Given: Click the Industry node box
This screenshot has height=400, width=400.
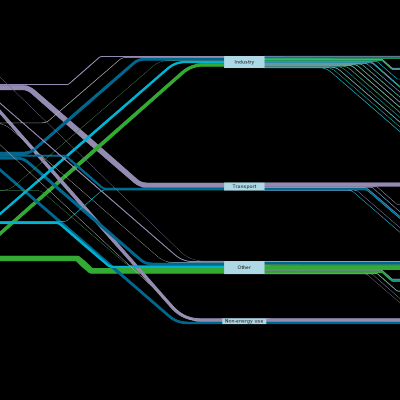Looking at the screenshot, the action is point(244,62).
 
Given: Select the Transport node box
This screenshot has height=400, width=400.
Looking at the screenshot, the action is point(244,186).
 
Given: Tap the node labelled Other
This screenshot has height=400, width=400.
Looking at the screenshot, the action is point(244,268).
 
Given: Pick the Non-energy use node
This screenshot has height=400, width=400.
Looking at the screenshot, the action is point(244,321).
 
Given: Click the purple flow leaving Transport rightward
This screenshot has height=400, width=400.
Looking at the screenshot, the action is point(332,185).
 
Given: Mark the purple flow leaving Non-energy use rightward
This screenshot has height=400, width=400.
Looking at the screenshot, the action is point(333,320).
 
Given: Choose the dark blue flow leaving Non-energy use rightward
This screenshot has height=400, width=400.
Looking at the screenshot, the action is point(333,323).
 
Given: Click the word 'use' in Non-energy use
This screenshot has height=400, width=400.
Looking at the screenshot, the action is point(259,321).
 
